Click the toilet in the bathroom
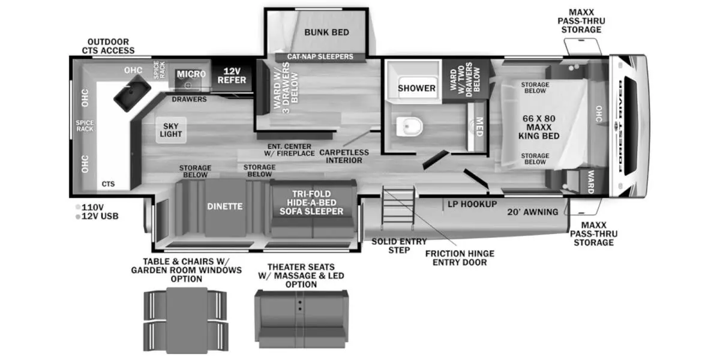[411, 126]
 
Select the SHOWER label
[416, 88]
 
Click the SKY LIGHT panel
[172, 130]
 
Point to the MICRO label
[191, 74]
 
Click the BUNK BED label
[326, 32]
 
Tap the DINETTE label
[225, 206]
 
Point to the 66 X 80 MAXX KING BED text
[539, 127]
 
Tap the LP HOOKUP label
[472, 204]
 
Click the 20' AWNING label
[532, 212]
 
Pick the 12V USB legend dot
[78, 216]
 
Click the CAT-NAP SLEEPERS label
[320, 57]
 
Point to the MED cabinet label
[479, 127]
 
